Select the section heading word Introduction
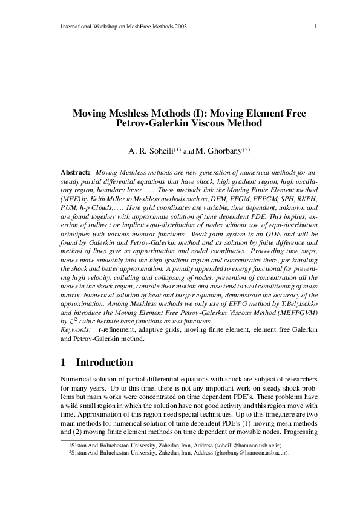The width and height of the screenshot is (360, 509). [104, 363]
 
